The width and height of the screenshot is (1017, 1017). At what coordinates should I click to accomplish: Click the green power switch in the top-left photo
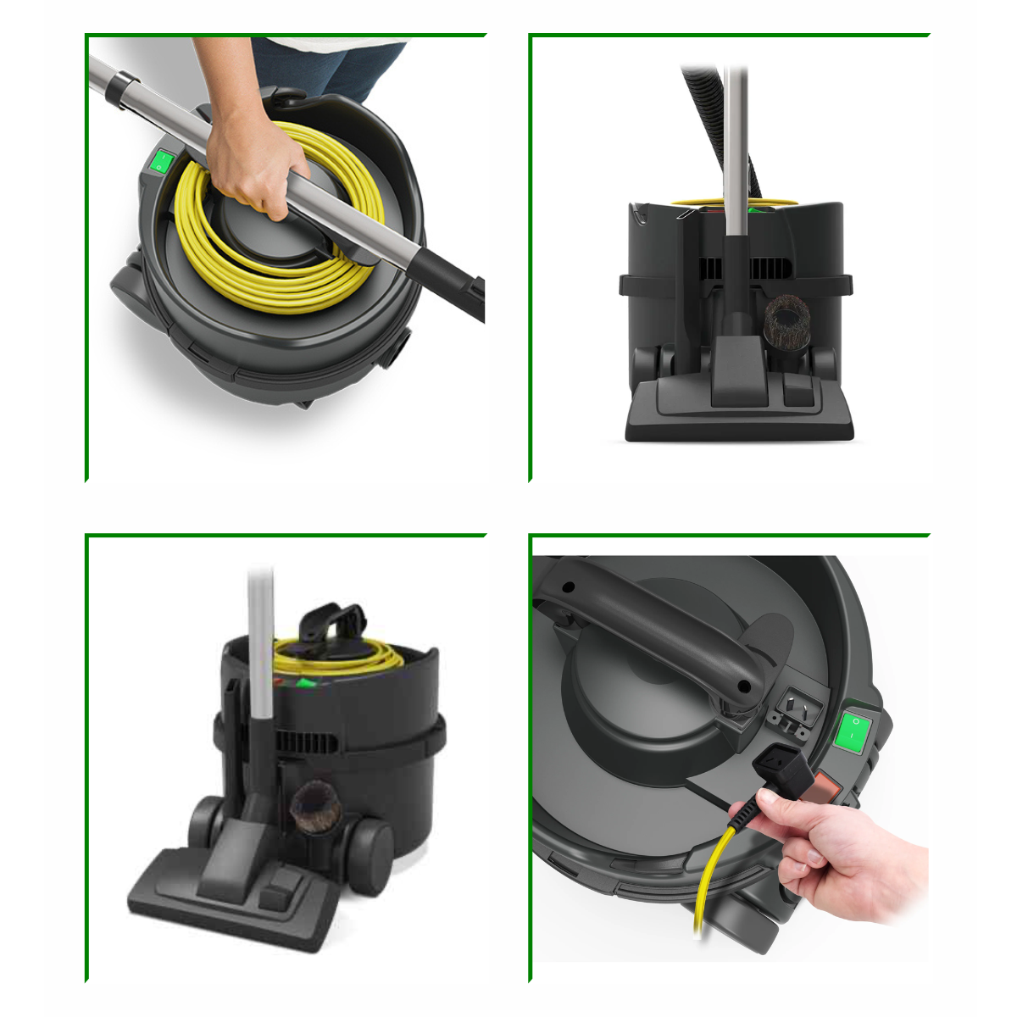pos(161,162)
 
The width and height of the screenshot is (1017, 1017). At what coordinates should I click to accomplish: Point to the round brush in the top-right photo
pos(787,326)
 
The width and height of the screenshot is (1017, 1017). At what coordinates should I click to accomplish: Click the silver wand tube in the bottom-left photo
pos(261,644)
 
